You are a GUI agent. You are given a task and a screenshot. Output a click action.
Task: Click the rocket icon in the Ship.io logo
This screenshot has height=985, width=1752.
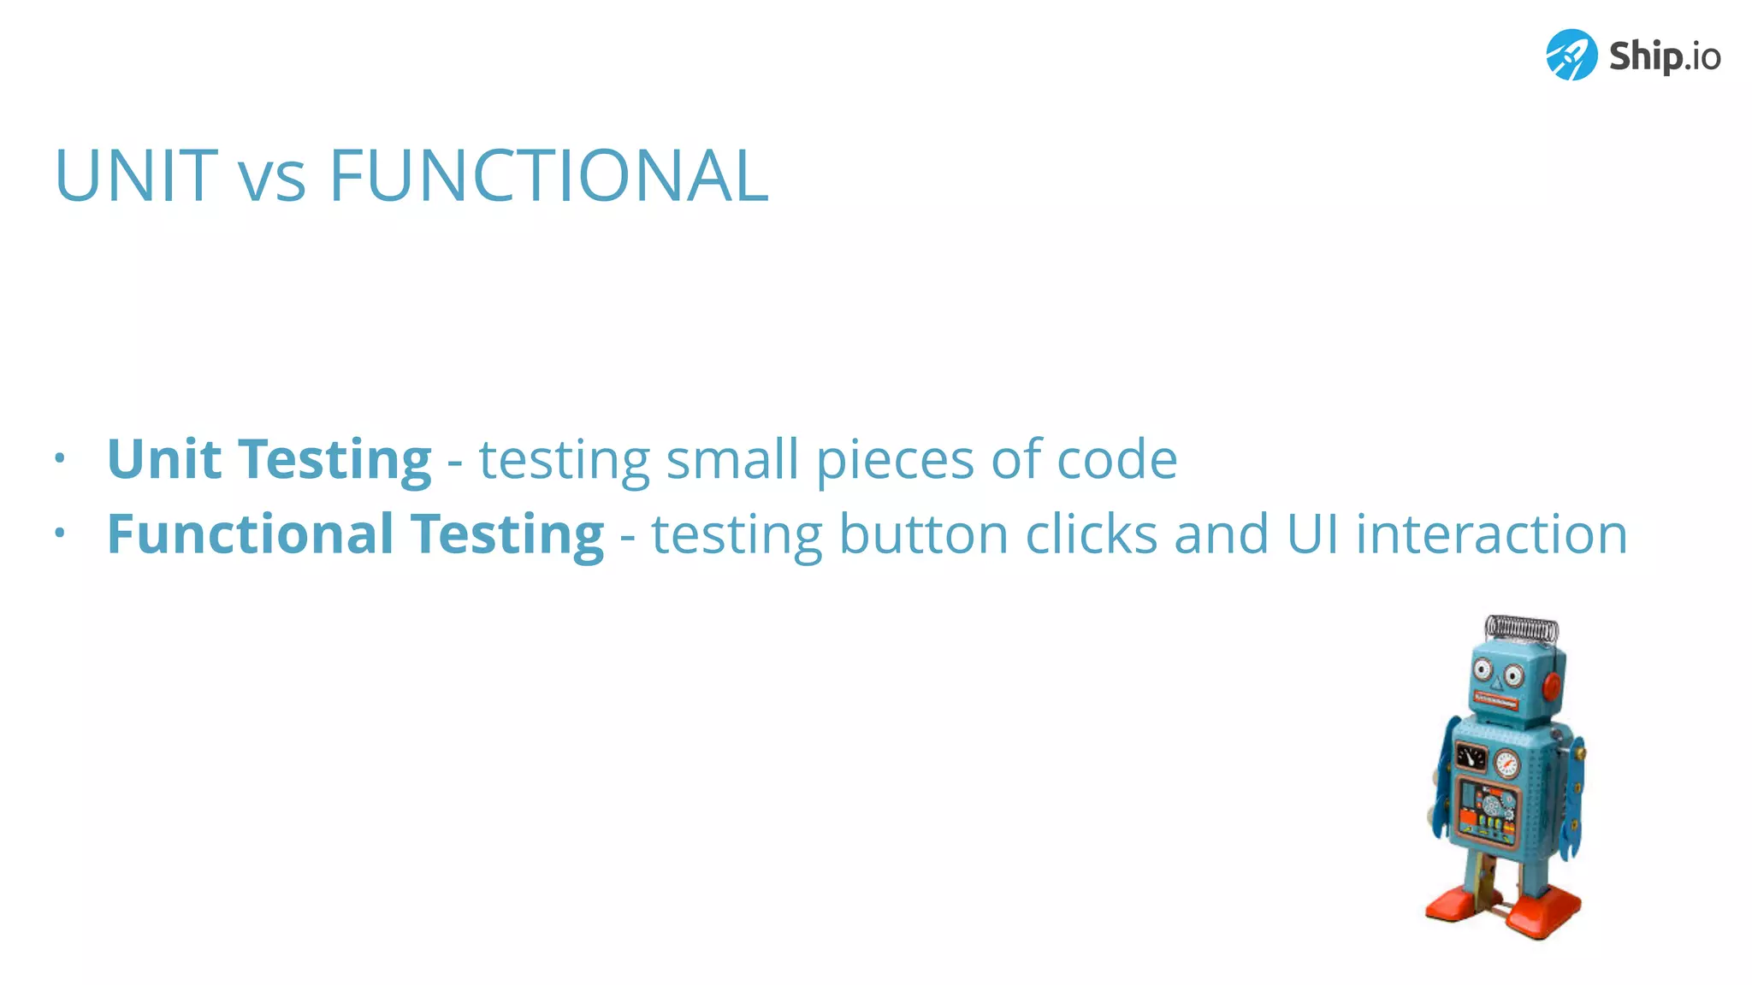(1571, 55)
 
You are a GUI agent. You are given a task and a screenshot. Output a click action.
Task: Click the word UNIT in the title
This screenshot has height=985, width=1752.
(136, 176)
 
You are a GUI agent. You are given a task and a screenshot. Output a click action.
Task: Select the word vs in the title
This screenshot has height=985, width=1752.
(272, 181)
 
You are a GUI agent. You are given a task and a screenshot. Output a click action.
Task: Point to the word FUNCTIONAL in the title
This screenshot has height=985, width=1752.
(548, 176)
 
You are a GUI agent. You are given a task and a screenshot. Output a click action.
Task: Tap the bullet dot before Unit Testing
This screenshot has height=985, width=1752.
(59, 458)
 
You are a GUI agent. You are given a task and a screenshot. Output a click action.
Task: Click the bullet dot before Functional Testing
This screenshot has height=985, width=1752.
(59, 534)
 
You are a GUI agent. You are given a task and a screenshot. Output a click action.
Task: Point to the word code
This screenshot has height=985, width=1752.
(1116, 459)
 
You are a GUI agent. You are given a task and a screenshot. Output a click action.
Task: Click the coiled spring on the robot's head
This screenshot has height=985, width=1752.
(1521, 628)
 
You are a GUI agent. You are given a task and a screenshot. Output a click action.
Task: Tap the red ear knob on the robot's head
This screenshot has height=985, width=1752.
(1551, 685)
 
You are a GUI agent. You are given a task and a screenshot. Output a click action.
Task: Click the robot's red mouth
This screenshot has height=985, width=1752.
(1495, 702)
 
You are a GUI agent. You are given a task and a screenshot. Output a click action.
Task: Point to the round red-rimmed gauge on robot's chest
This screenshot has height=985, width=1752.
(1506, 762)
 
